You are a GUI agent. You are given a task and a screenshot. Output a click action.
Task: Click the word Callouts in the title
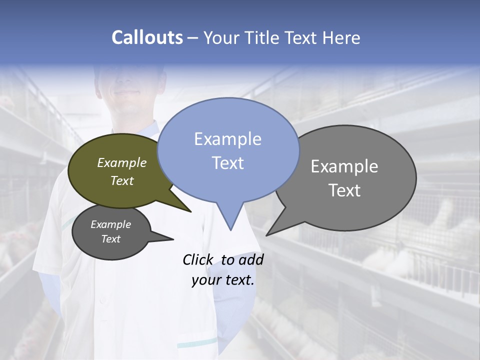(x=147, y=37)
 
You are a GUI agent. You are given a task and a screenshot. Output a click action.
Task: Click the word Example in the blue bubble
(x=227, y=139)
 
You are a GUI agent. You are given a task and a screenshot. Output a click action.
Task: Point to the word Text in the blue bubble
(x=227, y=163)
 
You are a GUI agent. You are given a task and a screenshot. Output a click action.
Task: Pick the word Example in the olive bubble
(x=122, y=162)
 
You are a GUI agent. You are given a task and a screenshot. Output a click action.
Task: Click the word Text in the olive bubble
(x=122, y=180)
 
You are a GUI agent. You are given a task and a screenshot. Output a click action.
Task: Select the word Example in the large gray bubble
(x=344, y=166)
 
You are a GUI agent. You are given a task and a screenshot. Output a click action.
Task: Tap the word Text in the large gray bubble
(x=344, y=190)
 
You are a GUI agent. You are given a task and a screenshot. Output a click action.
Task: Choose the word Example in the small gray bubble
(x=110, y=224)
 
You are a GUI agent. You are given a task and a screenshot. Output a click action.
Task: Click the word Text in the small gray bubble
(x=110, y=239)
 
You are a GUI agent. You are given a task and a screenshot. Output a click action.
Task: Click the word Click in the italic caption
(x=198, y=259)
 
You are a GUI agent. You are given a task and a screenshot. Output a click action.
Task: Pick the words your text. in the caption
(x=223, y=280)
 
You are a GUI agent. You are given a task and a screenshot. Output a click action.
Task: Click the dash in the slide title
(x=193, y=38)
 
